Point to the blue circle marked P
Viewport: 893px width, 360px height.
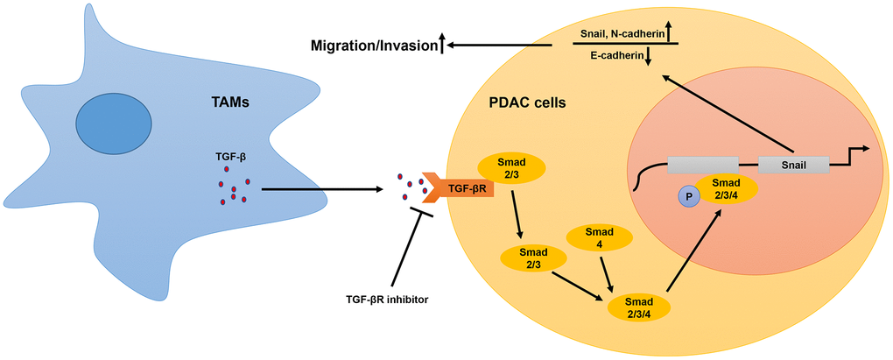click(689, 199)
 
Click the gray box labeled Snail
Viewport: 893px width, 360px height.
click(793, 164)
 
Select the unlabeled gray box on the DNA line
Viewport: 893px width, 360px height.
click(702, 164)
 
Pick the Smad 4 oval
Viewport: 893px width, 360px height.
click(601, 239)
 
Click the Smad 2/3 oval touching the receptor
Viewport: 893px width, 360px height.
click(510, 169)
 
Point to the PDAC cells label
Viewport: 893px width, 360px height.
click(526, 102)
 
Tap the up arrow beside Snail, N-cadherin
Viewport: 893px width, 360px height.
click(668, 33)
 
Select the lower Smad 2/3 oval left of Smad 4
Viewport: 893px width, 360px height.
click(532, 258)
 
